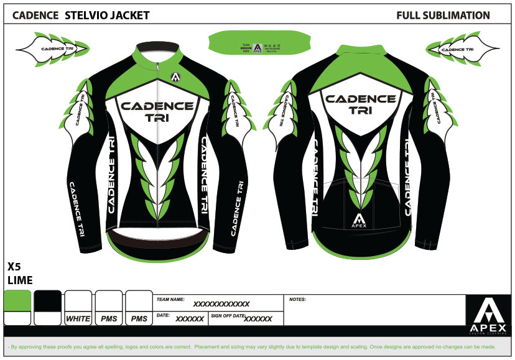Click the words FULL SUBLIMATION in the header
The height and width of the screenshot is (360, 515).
point(443,16)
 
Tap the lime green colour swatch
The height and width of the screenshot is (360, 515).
point(17,301)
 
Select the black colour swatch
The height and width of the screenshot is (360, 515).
point(47,301)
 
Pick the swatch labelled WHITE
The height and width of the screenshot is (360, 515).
point(78,319)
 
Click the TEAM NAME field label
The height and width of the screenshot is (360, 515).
point(171,300)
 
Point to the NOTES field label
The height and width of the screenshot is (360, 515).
point(297,300)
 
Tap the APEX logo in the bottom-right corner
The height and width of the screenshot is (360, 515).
point(488,315)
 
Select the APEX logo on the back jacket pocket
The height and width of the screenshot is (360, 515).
point(360,221)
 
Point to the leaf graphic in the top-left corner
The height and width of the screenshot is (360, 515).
point(52,48)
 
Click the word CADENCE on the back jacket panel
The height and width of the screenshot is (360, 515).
point(360,99)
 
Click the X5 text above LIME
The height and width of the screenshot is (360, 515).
point(14,266)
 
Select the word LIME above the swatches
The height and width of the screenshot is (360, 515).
point(19,280)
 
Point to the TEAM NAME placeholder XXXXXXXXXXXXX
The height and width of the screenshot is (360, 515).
point(221,304)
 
